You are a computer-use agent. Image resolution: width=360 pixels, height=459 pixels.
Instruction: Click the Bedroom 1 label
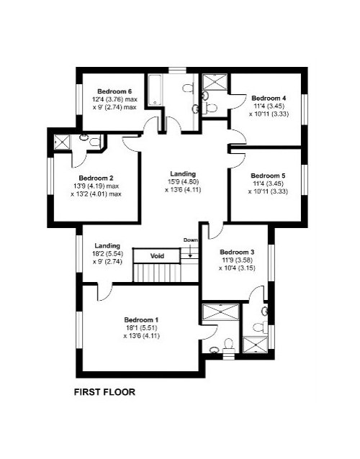pos(142,319)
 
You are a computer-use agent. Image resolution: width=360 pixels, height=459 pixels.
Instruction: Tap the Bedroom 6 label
pos(114,91)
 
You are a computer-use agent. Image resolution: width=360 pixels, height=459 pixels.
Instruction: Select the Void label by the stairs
pos(157,256)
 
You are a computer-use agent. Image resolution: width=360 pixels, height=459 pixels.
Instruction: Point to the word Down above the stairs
pos(191,240)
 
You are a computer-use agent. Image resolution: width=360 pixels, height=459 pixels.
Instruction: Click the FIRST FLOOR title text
pos(104,392)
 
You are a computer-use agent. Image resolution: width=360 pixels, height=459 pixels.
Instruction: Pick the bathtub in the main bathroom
pos(154,90)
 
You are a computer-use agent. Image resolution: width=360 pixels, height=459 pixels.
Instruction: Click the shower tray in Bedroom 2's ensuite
pos(62,142)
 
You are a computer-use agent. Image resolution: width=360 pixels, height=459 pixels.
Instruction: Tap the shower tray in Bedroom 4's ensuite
pos(215,82)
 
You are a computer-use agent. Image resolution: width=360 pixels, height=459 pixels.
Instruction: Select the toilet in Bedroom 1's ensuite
pos(228,344)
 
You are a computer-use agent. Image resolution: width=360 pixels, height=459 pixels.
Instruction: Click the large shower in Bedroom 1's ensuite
pos(221,312)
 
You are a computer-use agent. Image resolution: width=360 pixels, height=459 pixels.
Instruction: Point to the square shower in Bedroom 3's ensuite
pos(256,345)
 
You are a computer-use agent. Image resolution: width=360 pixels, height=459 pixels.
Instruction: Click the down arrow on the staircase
pos(190,251)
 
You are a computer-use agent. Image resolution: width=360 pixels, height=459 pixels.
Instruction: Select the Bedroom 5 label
pos(268,176)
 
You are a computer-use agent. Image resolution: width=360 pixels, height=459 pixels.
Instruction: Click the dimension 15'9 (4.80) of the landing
pos(183,182)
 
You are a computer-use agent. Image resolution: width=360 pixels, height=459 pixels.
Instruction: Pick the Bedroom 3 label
pos(237,252)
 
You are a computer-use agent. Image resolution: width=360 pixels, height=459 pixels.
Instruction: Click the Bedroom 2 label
pos(96,178)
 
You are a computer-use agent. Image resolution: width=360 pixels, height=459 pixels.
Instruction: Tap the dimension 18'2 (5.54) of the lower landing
pos(107,254)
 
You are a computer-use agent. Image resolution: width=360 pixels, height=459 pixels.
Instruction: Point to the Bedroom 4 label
pos(269,98)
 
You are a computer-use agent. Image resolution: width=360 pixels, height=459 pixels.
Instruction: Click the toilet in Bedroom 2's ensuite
pos(94,142)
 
